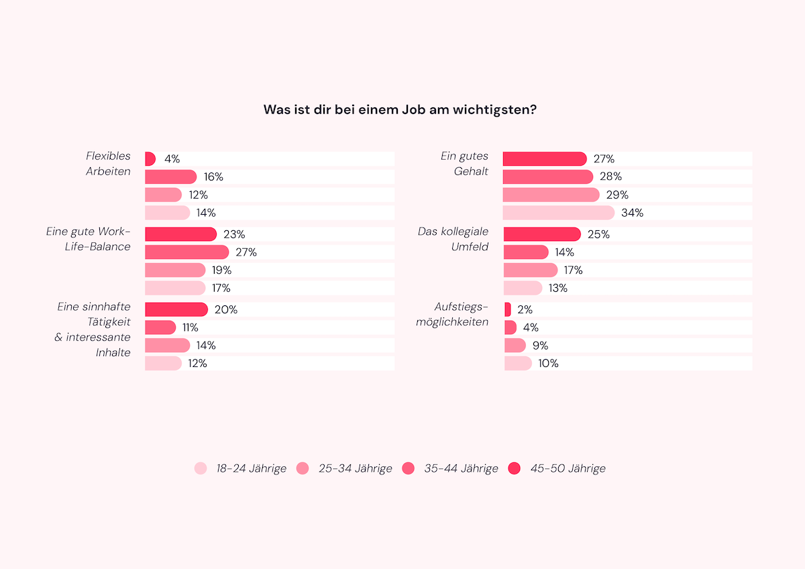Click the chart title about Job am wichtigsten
(400, 109)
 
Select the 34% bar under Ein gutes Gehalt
(558, 213)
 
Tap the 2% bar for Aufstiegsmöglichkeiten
(508, 309)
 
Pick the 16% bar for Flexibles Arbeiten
(170, 177)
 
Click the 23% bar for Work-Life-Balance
(180, 234)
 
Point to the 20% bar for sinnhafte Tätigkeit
(176, 309)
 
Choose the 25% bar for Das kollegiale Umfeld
(541, 234)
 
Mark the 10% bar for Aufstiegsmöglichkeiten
(518, 363)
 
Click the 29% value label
(616, 195)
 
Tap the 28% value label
(611, 177)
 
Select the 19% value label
(221, 270)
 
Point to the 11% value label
(190, 327)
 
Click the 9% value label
(540, 346)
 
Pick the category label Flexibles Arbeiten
(108, 164)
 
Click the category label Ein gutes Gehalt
(464, 164)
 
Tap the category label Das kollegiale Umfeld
(453, 239)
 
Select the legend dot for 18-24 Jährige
(201, 468)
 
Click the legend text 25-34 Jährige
(355, 468)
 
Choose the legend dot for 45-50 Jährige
(515, 468)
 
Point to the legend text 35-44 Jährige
(461, 468)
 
